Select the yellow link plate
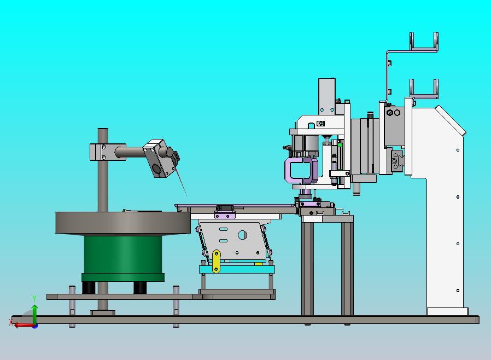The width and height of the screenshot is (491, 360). [216, 262]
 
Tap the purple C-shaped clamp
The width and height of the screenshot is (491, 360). [301, 171]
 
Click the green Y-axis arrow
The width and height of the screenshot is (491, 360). [34, 313]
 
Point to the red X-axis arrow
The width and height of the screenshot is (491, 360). [24, 325]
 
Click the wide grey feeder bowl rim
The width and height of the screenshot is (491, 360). [122, 223]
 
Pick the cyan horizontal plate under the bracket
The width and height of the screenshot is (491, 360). [237, 269]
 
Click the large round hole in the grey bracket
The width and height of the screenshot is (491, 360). [242, 235]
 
